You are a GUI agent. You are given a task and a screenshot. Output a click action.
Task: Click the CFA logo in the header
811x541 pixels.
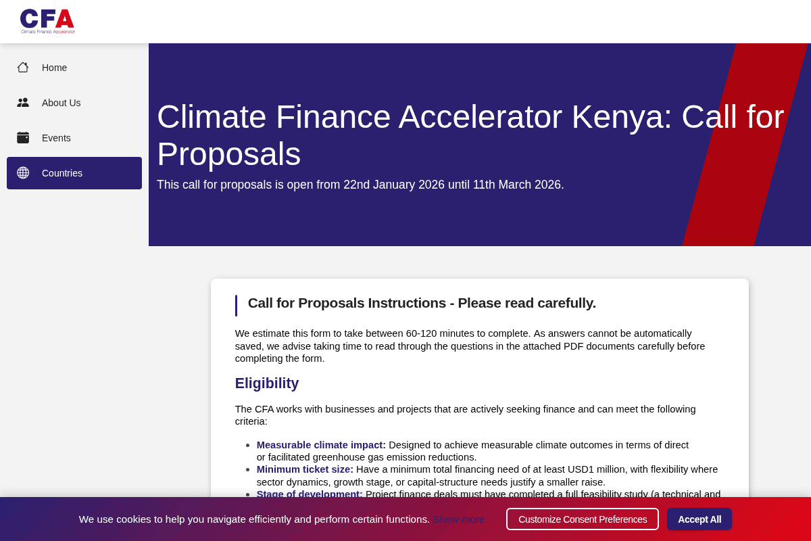tap(47, 21)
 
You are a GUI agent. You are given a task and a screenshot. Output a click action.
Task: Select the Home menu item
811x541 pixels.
tap(54, 68)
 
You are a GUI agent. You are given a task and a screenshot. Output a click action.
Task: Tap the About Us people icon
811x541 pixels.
tap(23, 103)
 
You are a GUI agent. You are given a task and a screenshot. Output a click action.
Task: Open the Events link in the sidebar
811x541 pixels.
tap(56, 138)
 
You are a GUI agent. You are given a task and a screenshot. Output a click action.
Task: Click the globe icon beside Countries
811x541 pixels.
tap(23, 173)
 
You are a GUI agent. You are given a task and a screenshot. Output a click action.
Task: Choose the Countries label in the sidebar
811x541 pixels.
tap(62, 173)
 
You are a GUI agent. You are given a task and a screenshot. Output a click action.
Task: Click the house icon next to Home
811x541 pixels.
tap(23, 68)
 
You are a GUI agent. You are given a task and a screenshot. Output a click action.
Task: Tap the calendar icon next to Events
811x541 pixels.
tap(23, 138)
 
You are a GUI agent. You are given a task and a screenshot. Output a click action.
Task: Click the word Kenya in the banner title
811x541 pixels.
tap(621, 117)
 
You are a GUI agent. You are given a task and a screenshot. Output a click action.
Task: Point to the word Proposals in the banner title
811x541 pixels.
tap(228, 154)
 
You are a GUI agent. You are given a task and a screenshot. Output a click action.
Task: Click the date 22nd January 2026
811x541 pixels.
tap(394, 185)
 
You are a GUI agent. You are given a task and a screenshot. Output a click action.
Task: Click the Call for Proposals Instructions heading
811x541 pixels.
tap(422, 303)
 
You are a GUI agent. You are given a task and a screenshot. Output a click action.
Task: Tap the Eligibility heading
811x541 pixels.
tap(267, 383)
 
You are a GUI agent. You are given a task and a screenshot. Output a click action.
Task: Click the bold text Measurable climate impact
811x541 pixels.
tap(321, 445)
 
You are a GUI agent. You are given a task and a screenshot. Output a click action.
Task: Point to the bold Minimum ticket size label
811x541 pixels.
tap(305, 469)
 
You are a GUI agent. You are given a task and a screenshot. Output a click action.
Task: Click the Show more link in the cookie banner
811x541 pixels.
tap(458, 519)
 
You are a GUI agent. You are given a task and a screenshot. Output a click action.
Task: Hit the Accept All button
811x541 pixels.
tap(699, 519)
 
